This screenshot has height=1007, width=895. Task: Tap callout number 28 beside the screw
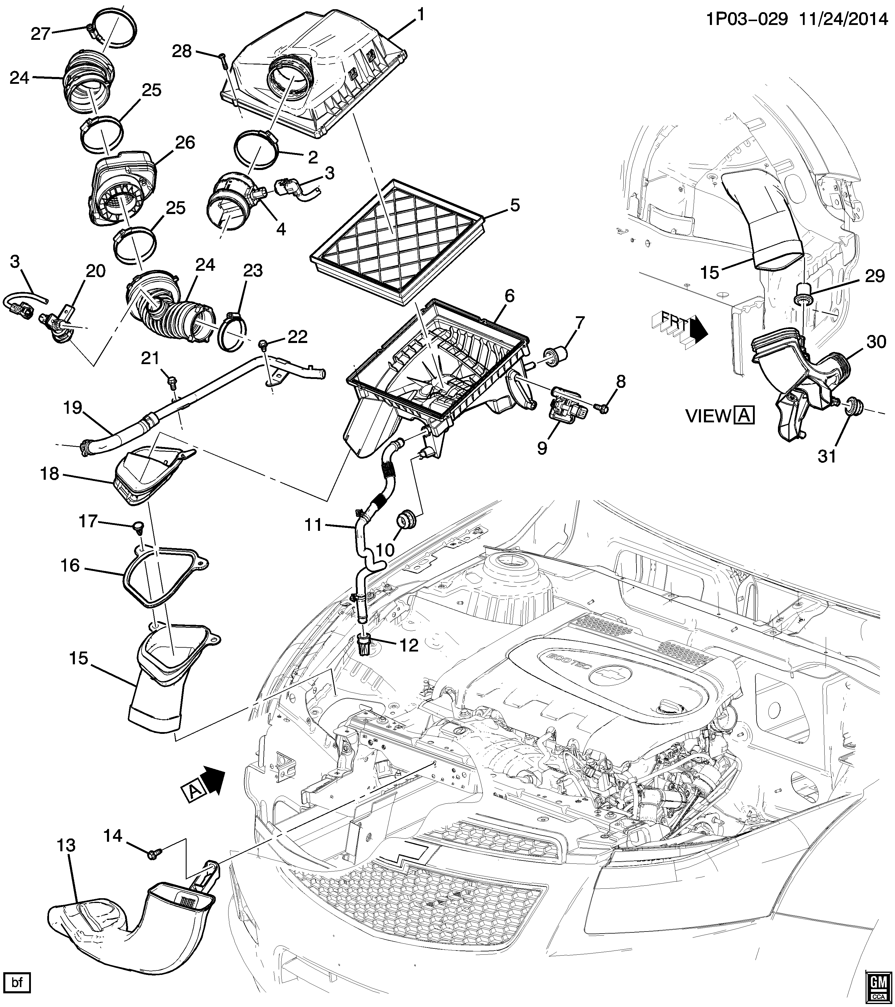pos(182,51)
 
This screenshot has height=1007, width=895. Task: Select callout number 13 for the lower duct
pos(66,845)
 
